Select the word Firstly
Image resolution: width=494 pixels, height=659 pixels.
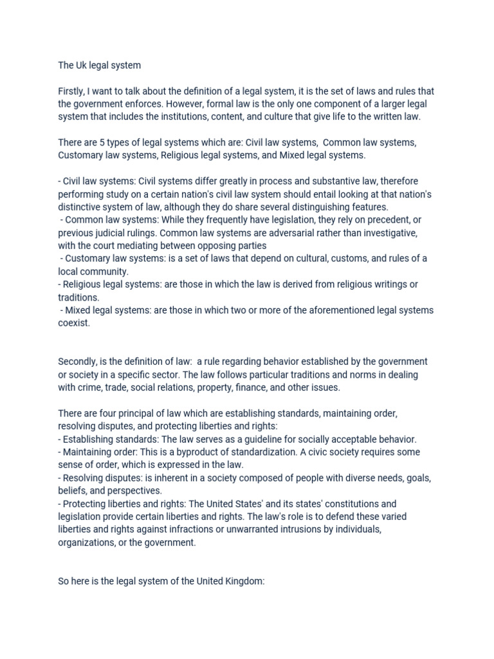coord(73,91)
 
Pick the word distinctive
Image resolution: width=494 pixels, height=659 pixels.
coord(82,207)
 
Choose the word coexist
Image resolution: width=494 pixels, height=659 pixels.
coord(73,323)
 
